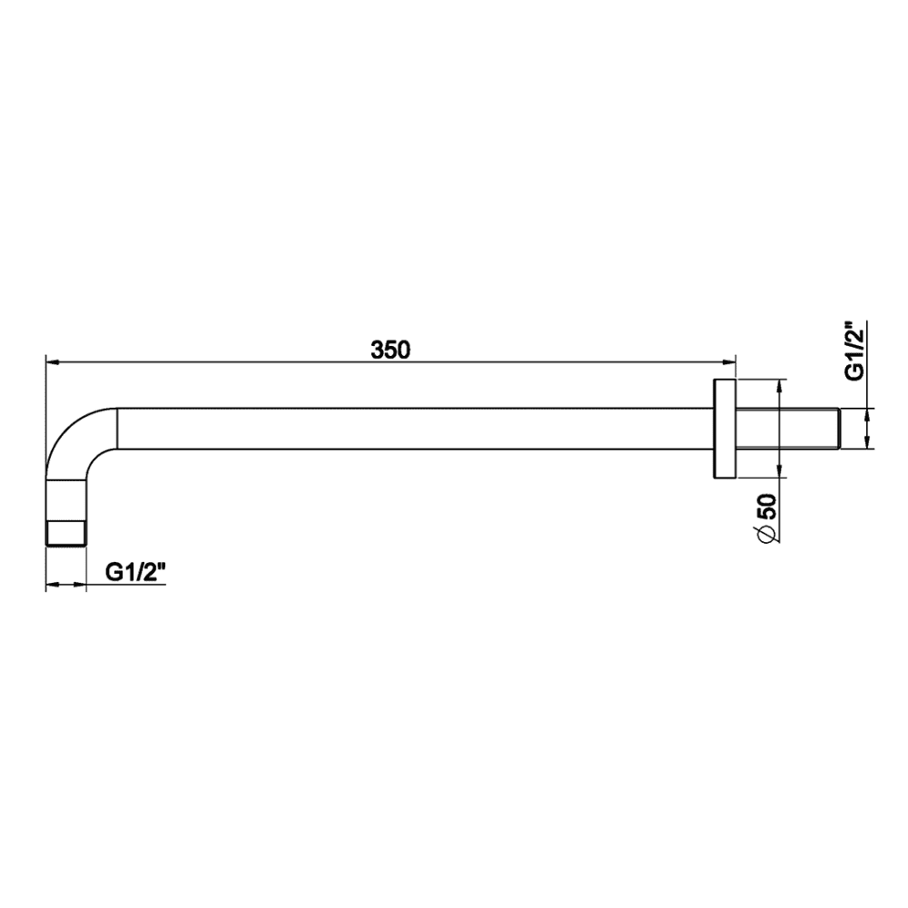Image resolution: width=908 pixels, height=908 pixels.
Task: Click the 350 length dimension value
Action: pos(390,350)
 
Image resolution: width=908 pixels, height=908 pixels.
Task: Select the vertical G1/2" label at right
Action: pos(854,350)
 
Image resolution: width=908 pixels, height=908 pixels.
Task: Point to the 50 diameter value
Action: pos(766,507)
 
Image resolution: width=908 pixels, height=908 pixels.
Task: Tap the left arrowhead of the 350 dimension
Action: pos(52,363)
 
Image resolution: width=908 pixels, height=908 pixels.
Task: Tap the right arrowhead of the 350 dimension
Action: pos(729,363)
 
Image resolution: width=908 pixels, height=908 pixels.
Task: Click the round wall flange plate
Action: pos(725,429)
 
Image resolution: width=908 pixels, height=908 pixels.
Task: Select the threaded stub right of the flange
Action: pos(787,429)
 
